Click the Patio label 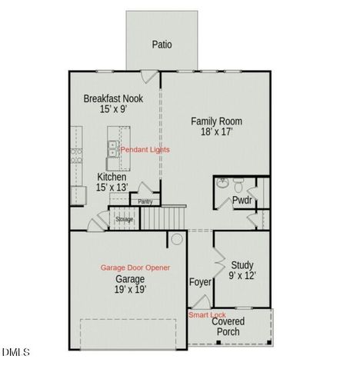pos(162,45)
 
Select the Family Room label pos(217,121)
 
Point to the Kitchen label pos(112,177)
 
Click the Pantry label pos(145,201)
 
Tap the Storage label pos(125,220)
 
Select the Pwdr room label pos(242,201)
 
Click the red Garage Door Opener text pos(135,268)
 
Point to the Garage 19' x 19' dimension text pos(130,289)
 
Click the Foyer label pos(200,282)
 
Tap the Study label pos(242,264)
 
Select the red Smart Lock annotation pos(207,315)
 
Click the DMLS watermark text pos(15,353)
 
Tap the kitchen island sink pos(112,147)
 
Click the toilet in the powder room pos(238,185)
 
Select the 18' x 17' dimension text pos(217,132)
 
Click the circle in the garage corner pos(176,240)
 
